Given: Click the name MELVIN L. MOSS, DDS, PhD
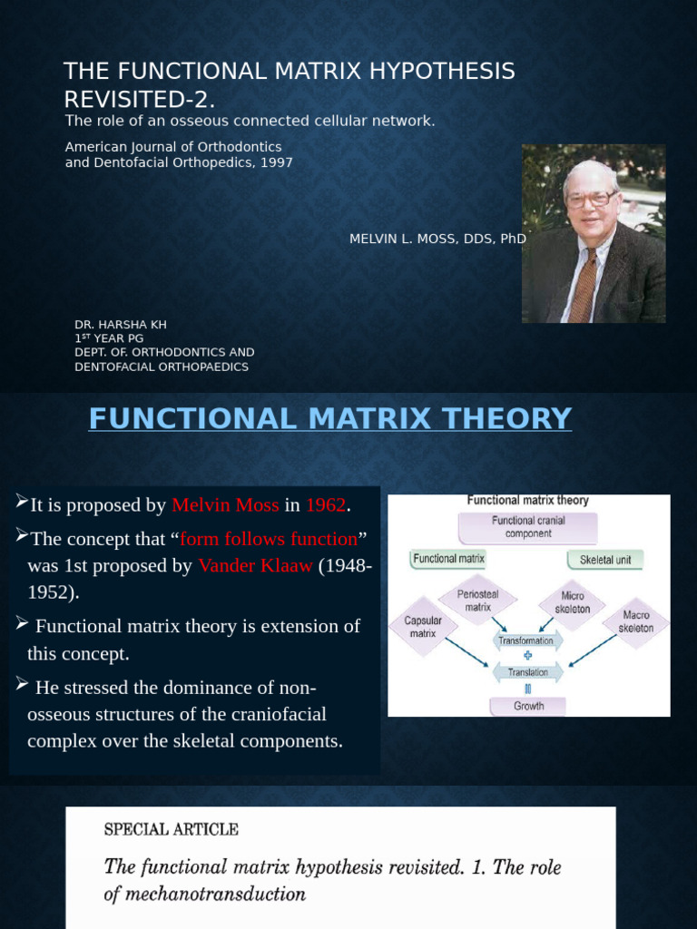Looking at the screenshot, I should coord(437,239).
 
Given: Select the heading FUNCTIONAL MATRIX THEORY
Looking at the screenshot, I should coord(330,419).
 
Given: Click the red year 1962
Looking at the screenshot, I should coord(326,505).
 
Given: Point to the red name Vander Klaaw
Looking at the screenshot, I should coord(255,566).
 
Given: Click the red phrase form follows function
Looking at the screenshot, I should coord(269,539).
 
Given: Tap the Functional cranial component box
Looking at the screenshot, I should coord(527,527).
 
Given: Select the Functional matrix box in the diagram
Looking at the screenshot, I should coord(448,559).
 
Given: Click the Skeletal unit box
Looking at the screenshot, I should coord(605,560).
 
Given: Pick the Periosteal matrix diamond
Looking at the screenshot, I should coord(478,600).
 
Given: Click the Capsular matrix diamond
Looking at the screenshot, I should coord(423,627).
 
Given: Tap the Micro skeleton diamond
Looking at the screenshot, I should coord(572,602).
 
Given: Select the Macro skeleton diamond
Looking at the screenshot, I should coord(635,621).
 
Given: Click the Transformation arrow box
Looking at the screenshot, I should coord(527,640).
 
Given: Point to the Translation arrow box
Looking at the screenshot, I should coord(527,672).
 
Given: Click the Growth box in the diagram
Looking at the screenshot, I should coord(528,706).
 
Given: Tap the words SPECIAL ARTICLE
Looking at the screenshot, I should coord(172,829).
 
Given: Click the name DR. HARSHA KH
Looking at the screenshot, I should coord(120,325).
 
